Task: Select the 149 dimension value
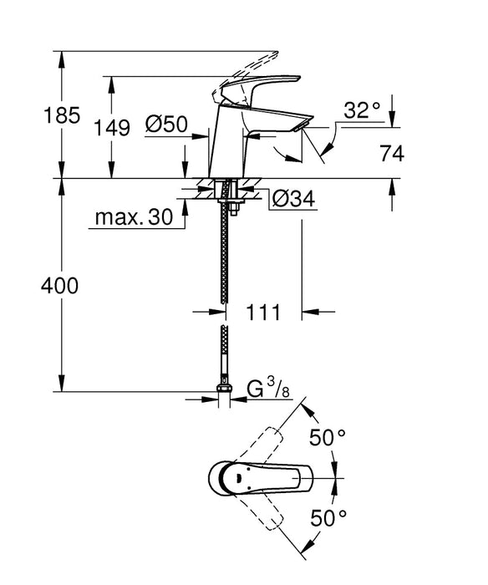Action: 112,128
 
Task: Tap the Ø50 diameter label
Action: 165,125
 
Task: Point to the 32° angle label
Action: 361,109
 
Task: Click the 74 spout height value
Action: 392,154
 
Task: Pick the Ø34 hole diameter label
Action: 292,200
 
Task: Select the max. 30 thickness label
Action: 132,218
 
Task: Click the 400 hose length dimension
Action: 60,286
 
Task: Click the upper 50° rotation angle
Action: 328,437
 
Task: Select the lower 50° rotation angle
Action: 328,518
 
